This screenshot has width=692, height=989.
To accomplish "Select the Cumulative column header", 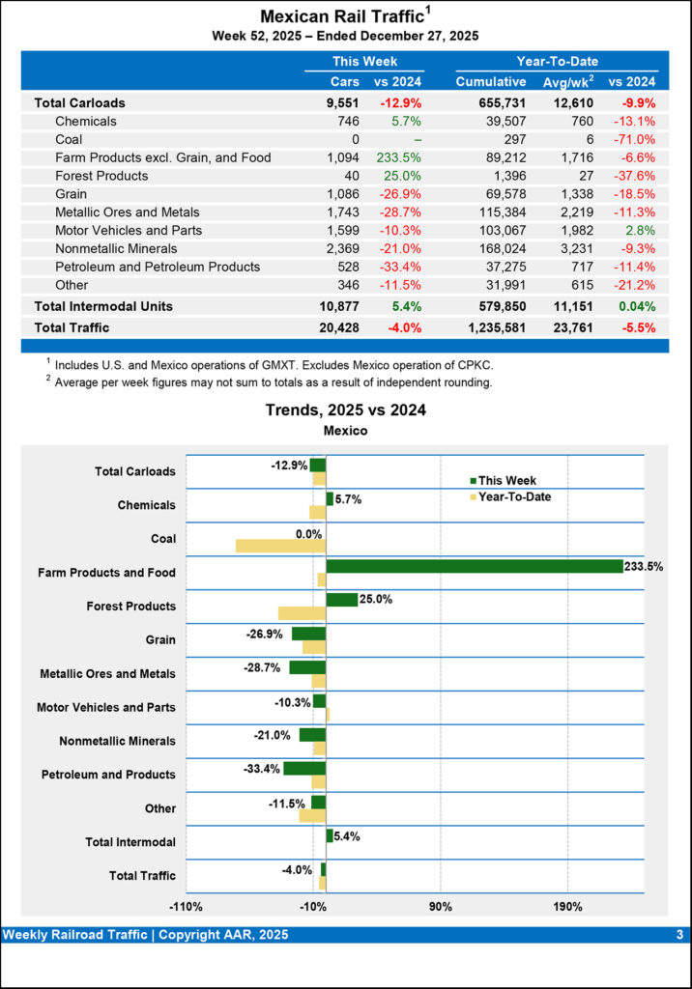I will [491, 82].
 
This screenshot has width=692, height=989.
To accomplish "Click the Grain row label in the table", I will [72, 194].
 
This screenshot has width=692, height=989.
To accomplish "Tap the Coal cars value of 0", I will [355, 139].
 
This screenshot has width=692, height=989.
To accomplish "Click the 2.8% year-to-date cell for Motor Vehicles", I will [640, 231].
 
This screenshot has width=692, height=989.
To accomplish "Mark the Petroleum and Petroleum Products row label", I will [158, 267].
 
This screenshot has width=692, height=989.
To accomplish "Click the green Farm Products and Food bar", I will [474, 566].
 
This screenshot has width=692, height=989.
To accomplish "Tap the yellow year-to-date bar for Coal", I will [280, 546].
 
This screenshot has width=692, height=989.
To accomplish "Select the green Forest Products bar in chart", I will [342, 600].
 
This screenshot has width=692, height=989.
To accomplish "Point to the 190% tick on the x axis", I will [567, 907].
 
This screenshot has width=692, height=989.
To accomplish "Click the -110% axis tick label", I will [186, 907].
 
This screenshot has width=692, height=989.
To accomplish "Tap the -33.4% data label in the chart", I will [262, 769].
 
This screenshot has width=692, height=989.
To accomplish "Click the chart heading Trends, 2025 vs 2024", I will [345, 410].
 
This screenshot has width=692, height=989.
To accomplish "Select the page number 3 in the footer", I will [679, 935].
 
